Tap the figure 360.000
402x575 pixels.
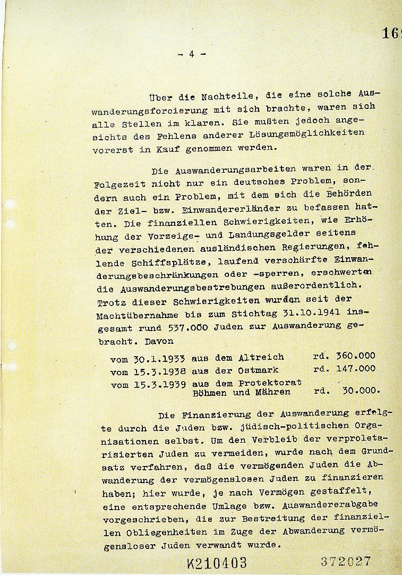(x=355, y=356)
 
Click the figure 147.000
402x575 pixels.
(x=355, y=369)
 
